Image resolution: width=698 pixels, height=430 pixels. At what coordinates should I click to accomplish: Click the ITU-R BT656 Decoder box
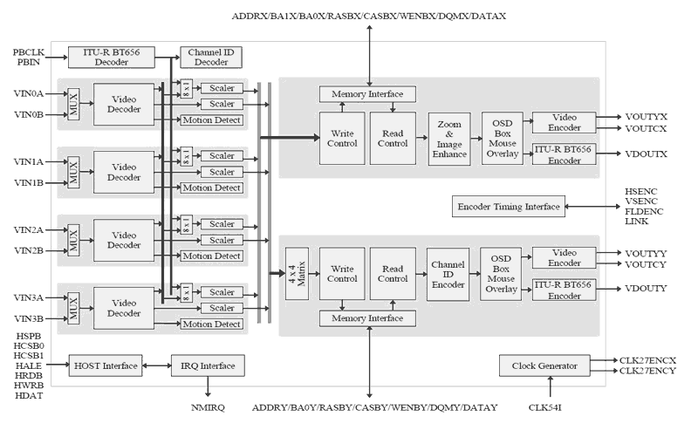(x=111, y=58)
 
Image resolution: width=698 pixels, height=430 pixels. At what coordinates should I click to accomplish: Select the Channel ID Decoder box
(x=206, y=58)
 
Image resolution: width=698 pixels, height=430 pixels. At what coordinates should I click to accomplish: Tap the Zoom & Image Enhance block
(x=449, y=139)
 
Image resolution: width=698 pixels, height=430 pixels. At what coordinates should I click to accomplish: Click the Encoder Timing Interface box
(x=508, y=207)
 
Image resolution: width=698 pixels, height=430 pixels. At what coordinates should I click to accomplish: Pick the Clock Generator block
(x=541, y=366)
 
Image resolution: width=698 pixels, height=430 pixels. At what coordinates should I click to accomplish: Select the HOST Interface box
(x=106, y=365)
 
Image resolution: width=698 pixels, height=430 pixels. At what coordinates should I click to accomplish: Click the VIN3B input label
(x=29, y=319)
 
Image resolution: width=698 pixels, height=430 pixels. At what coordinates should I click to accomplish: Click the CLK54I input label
(x=550, y=406)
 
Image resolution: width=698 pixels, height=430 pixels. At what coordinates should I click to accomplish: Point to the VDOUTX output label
(x=647, y=154)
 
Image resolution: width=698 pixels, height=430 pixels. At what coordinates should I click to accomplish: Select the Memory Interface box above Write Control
(x=367, y=93)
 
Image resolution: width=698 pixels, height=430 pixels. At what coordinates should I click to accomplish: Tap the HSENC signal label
(x=642, y=190)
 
